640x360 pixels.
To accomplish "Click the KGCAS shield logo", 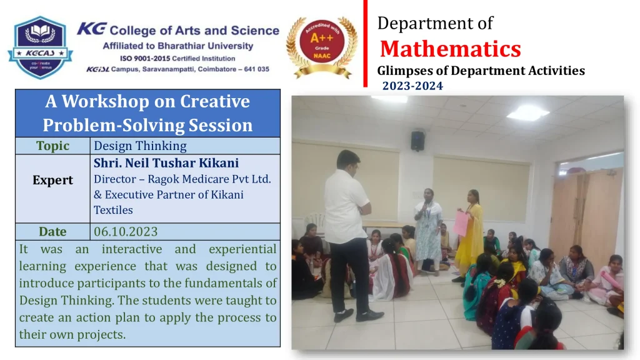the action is pos(40,47).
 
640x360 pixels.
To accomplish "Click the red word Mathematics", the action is pos(450,49).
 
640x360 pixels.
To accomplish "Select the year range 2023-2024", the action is pos(412,86).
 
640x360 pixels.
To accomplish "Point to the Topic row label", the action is pos(52,146).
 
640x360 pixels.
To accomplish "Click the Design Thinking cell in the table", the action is pos(140,146).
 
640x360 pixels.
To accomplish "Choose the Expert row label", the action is pos(52,180).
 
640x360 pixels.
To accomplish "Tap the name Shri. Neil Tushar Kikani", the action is pos(166,163).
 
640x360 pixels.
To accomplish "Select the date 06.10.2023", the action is pos(126,231).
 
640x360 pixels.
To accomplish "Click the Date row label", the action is pos(52,231).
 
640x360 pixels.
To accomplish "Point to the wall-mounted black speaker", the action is pos(417,141).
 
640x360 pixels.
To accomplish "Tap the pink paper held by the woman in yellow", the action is pos(461,223).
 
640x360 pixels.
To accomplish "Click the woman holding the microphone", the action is pos(427,231).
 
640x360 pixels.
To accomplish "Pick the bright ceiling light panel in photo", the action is pos(527,112).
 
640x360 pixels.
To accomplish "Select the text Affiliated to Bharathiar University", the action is pos(178,46).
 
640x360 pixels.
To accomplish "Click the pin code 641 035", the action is pos(256,69).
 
